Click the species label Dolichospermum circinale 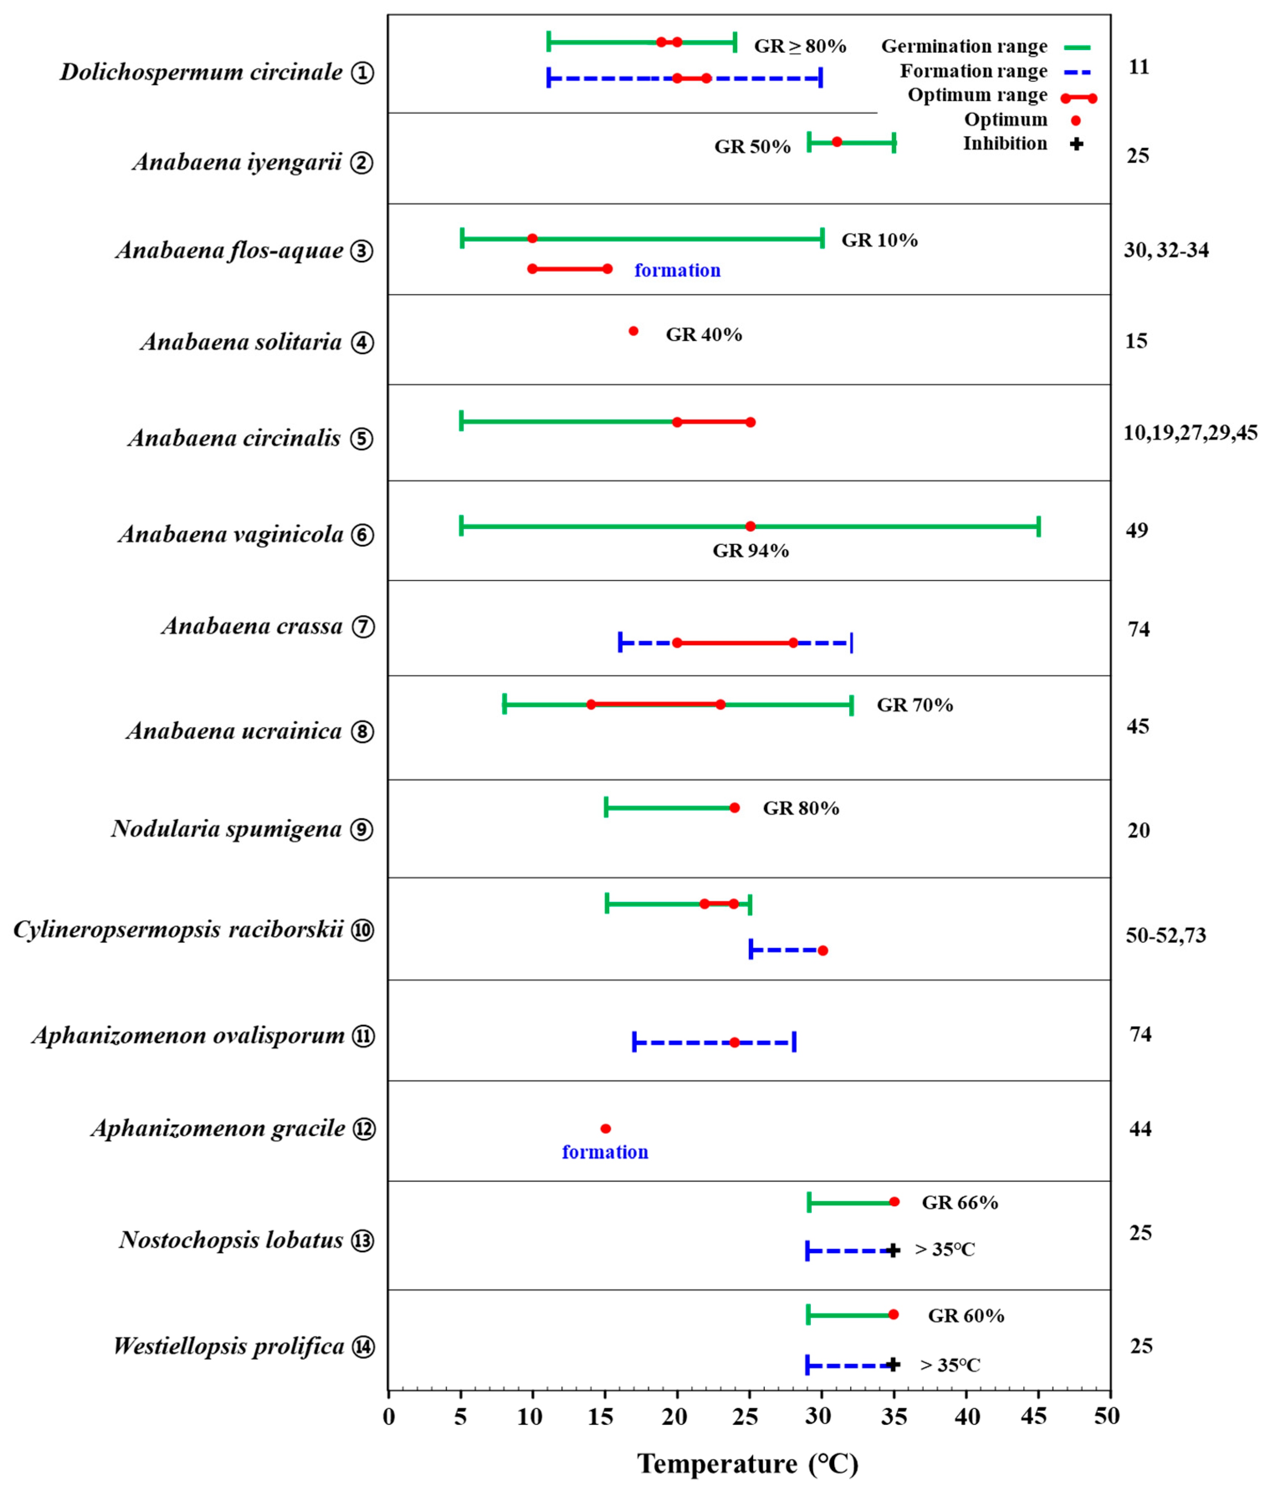pos(201,72)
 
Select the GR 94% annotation pos(751,551)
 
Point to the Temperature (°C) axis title pos(748,1464)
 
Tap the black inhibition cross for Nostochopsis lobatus pos(893,1251)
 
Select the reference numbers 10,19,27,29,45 pos(1190,432)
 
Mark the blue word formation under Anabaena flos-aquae pos(677,271)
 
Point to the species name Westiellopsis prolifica pos(229,1346)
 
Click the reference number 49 pos(1137,530)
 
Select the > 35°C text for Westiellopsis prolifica pos(950,1365)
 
